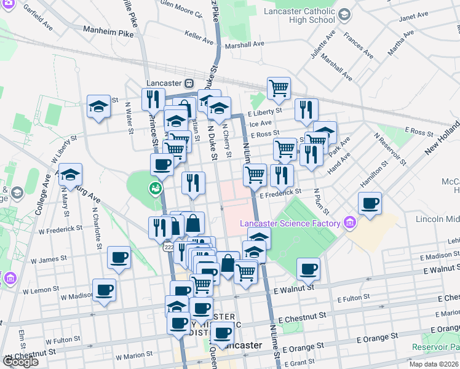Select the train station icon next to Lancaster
coord(189,83)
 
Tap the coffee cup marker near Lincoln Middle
coord(370,204)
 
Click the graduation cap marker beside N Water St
coord(98,107)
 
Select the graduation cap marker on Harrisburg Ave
coord(70,175)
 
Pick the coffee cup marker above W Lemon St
coord(104,290)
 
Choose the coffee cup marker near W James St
coord(119,258)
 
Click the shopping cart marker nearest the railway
coord(279,88)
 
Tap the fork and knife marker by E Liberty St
coord(306,109)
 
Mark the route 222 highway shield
coord(168,247)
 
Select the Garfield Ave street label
coord(37,22)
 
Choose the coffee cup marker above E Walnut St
coord(308,268)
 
